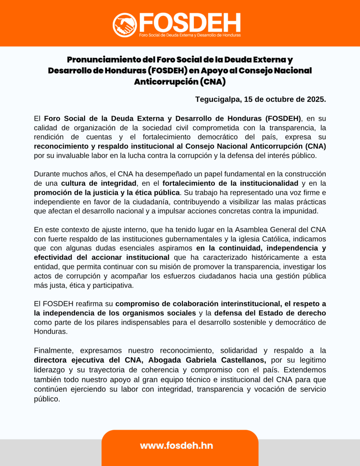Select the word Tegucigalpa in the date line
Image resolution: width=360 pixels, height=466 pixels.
pos(218,99)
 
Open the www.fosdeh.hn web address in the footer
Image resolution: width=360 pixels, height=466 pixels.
pos(176,446)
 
